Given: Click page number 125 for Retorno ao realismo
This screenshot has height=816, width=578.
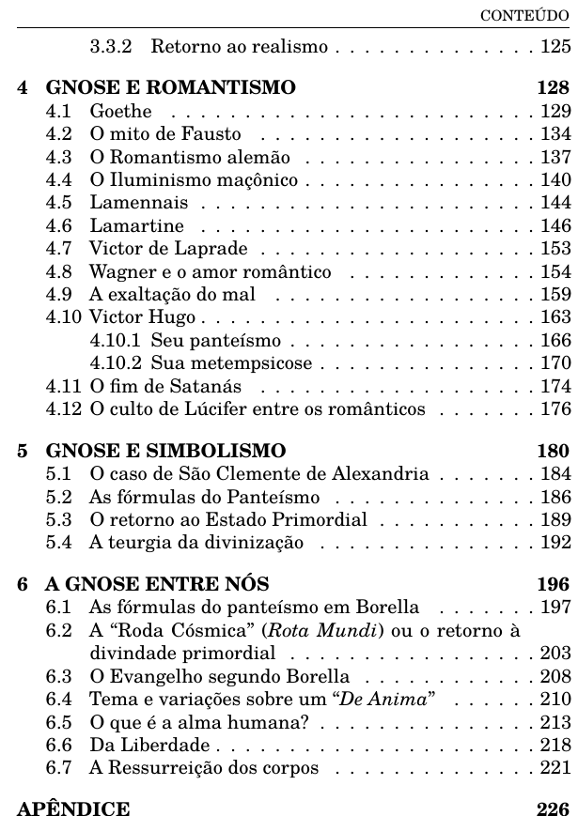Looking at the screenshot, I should coord(555,46).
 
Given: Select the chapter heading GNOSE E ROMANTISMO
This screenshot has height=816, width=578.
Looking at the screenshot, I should coord(170,89).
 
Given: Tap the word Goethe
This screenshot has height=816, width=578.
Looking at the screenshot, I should coord(120,112).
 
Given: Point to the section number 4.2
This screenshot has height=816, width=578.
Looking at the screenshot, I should coord(58,133).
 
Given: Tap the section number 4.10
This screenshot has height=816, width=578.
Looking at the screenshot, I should coord(63,318).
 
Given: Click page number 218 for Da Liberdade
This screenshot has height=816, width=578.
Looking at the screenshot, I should coord(555,744).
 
